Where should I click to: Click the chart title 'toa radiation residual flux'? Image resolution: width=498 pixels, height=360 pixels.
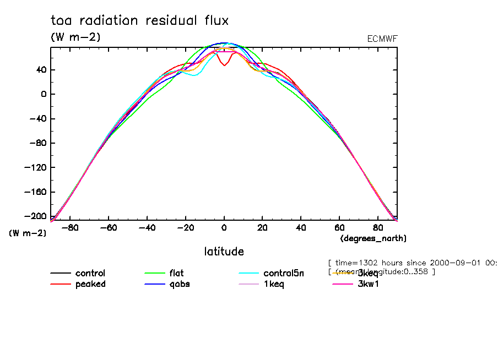coord(139,21)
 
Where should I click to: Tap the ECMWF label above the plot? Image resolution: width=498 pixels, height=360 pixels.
coord(382,39)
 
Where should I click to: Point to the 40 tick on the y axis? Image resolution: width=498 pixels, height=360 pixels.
coord(41,69)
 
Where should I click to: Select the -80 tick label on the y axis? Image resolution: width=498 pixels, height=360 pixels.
coord(39,143)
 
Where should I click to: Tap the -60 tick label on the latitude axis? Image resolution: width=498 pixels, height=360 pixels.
coord(109,227)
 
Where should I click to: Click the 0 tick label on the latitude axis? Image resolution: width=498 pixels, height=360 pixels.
coord(224,227)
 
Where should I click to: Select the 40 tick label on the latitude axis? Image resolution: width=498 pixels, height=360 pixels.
coord(301,227)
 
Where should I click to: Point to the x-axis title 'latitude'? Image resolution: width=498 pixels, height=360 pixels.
coord(224,252)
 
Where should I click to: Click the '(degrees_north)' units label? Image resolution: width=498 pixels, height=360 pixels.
coord(373,238)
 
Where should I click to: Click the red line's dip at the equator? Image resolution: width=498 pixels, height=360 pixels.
coord(224,65)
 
